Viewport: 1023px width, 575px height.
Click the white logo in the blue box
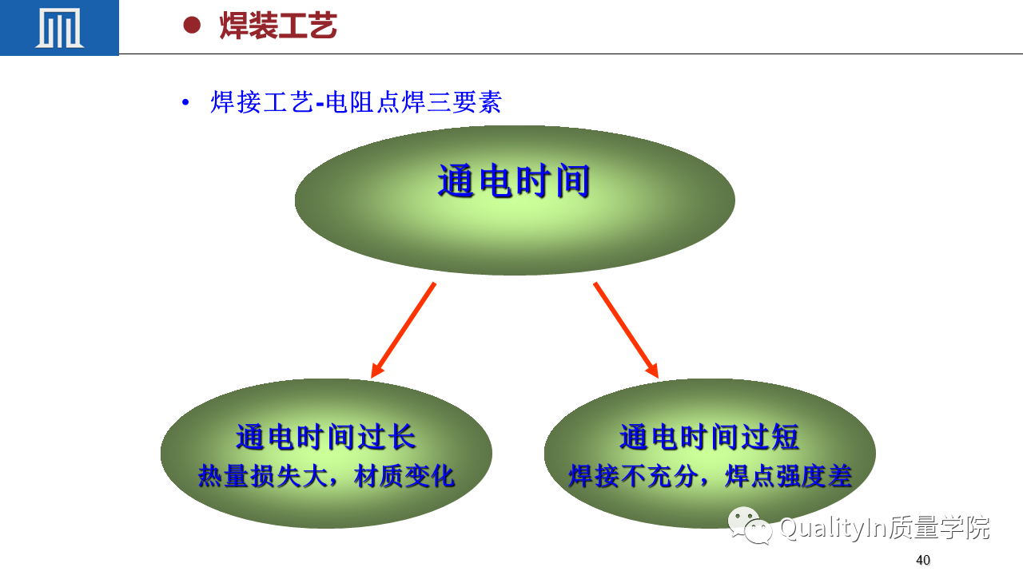coord(59,28)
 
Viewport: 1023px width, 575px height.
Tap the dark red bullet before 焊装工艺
coord(192,25)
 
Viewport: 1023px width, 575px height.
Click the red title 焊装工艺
coord(278,26)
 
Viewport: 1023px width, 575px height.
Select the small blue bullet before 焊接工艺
coord(185,102)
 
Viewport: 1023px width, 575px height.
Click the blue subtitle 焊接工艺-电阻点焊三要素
coord(356,101)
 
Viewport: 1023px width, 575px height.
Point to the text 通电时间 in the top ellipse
coord(514,180)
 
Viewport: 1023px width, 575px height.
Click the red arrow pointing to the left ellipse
coord(404,330)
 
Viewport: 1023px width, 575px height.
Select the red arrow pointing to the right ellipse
coord(626,330)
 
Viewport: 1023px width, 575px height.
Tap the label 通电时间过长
coord(325,437)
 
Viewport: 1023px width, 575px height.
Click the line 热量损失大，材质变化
coord(326,476)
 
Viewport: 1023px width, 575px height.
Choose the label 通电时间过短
coord(709,437)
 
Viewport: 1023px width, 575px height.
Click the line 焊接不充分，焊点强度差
coord(711,476)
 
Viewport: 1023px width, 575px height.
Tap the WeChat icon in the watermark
coord(750,525)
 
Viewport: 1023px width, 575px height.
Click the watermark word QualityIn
coord(834,528)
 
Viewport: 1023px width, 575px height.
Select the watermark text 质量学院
coord(939,528)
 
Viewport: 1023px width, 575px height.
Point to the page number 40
coord(923,560)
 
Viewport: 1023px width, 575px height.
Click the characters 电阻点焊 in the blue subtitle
coord(375,101)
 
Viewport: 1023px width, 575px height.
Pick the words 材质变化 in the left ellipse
coord(404,476)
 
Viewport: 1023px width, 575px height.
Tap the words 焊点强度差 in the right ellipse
coord(789,476)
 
